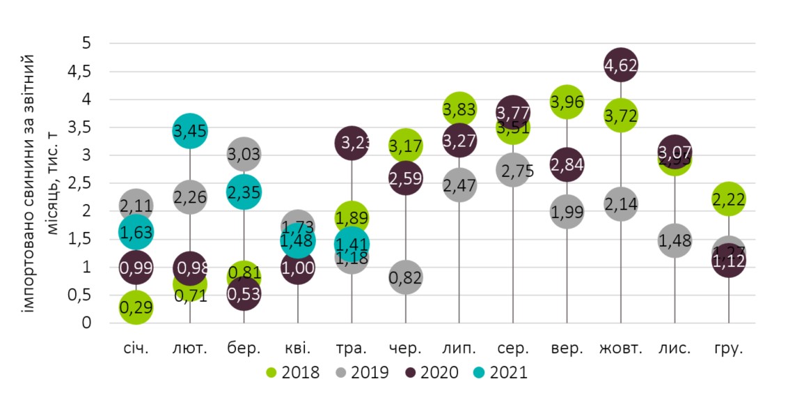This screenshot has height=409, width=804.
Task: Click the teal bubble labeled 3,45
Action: (190, 131)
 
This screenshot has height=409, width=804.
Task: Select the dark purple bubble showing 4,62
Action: (621, 65)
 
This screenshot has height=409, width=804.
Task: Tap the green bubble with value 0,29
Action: (136, 307)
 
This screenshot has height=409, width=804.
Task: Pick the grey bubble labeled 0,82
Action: (405, 278)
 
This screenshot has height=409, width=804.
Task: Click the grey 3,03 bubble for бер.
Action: (244, 154)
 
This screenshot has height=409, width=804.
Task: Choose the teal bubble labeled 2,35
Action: (244, 192)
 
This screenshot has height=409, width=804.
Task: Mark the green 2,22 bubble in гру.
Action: (729, 200)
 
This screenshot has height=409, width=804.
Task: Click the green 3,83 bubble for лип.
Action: (459, 109)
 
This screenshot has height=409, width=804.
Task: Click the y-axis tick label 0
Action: (87, 323)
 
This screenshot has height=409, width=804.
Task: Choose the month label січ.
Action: (136, 348)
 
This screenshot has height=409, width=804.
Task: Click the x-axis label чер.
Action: (405, 348)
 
